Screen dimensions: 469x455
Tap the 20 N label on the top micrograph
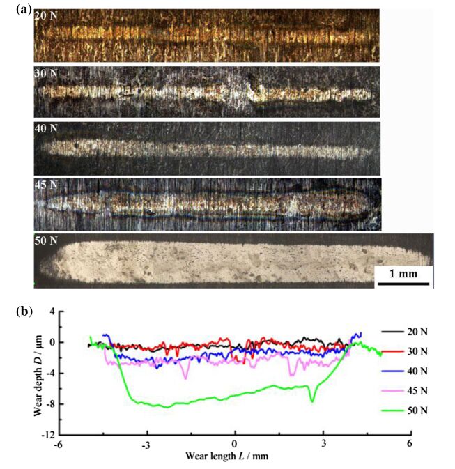[x=46, y=15]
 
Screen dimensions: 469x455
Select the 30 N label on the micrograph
[x=46, y=73]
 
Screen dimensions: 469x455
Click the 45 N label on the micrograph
[x=46, y=185]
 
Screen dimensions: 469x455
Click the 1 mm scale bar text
[x=403, y=273]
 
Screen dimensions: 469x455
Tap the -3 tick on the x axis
[x=146, y=445]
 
